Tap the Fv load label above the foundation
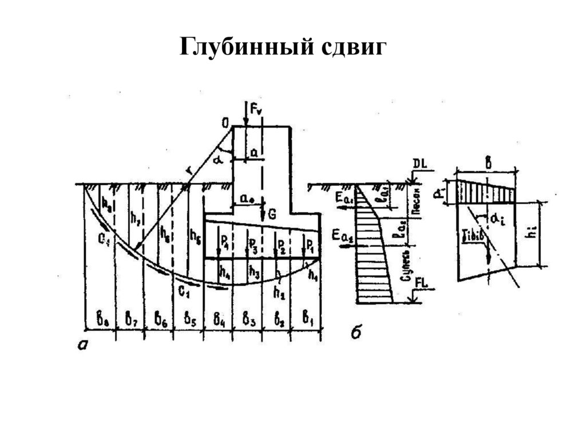point(255,107)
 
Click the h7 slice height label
point(134,219)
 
